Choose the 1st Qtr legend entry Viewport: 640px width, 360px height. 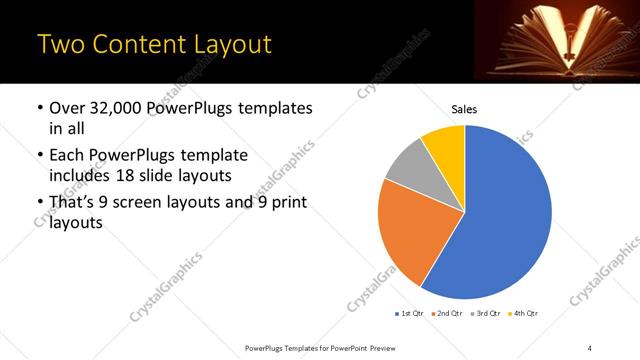point(409,313)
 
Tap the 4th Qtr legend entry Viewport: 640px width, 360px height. point(525,313)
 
